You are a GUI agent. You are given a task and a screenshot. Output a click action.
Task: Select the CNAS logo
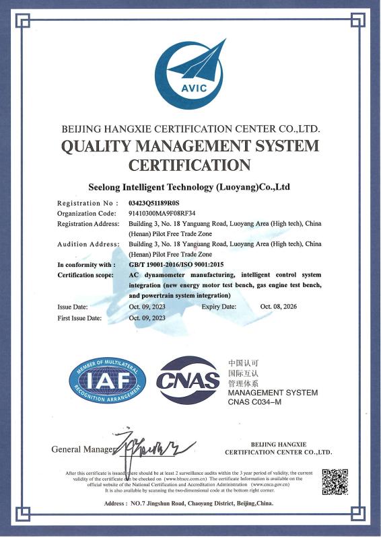188,381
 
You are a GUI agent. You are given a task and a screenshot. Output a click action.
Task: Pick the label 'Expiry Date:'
219,306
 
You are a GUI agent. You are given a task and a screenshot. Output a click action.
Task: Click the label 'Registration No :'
88,202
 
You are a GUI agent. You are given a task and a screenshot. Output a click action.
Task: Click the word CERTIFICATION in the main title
190,165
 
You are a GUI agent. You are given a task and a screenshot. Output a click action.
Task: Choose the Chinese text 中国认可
243,362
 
